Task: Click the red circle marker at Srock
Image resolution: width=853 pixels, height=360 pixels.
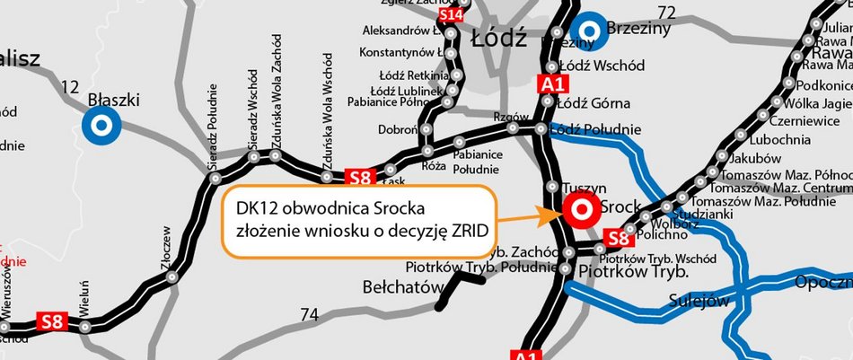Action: click(x=579, y=211)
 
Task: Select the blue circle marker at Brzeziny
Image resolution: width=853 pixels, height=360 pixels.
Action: click(x=590, y=29)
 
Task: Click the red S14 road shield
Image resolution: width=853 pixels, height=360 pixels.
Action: click(x=450, y=15)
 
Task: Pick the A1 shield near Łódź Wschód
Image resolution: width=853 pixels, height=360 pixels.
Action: click(x=552, y=84)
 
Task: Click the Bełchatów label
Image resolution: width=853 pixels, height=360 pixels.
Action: click(x=403, y=287)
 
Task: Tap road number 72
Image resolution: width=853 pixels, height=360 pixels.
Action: click(x=665, y=13)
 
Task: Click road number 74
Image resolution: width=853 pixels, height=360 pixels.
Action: click(x=310, y=314)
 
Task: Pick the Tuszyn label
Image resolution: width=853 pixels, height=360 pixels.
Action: click(x=578, y=189)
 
